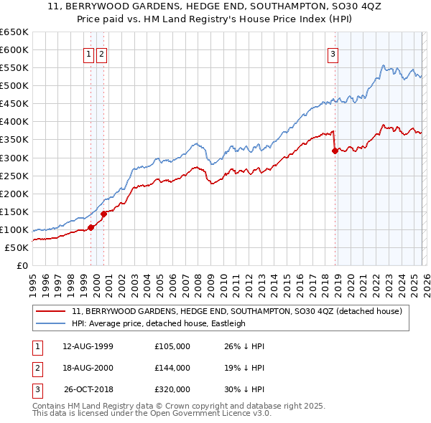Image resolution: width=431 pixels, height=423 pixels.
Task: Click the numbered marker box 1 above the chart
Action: [88, 54]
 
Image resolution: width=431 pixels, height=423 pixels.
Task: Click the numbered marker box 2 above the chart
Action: [101, 54]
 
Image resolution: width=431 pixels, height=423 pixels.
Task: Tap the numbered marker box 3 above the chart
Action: [333, 54]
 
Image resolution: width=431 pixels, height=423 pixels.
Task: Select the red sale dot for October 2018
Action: [335, 150]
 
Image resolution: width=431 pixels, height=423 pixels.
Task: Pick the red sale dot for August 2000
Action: [103, 213]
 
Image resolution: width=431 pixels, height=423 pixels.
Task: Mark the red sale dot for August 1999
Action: [91, 227]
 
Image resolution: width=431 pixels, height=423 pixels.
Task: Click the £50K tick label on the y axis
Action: [17, 247]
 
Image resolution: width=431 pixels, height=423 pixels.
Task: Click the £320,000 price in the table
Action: [172, 390]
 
